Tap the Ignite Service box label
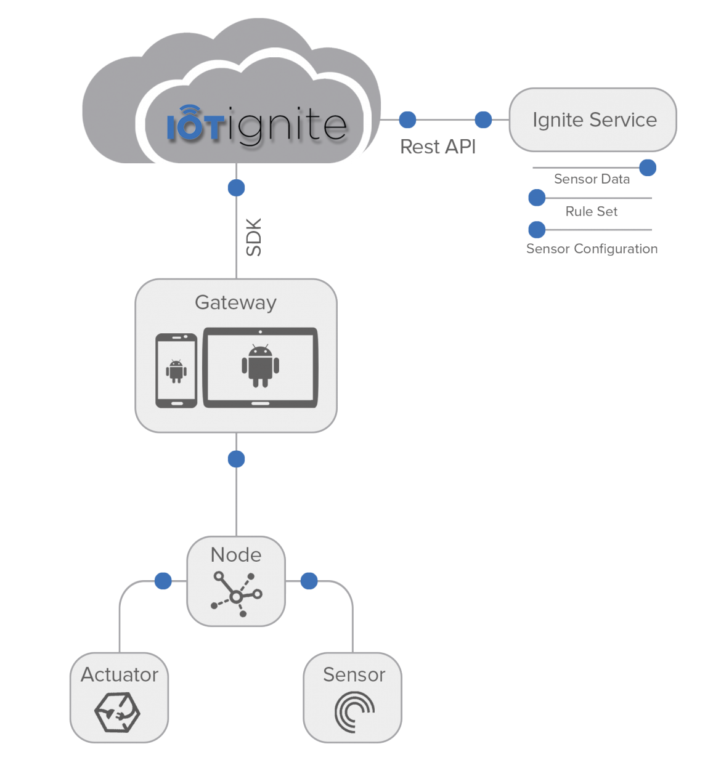[594, 119]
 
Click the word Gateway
[235, 302]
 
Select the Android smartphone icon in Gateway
[176, 371]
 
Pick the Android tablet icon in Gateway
[261, 368]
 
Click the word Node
[236, 555]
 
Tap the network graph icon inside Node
[237, 594]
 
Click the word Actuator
[120, 675]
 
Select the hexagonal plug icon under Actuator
[117, 713]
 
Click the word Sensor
[354, 675]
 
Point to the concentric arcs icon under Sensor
[354, 712]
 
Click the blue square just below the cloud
[236, 188]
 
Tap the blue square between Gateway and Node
[236, 459]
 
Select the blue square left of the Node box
[163, 581]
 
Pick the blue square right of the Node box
[309, 581]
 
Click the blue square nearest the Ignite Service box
[483, 119]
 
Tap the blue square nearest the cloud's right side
[407, 119]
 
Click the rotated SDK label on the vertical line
[253, 236]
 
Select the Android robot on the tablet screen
[261, 366]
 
